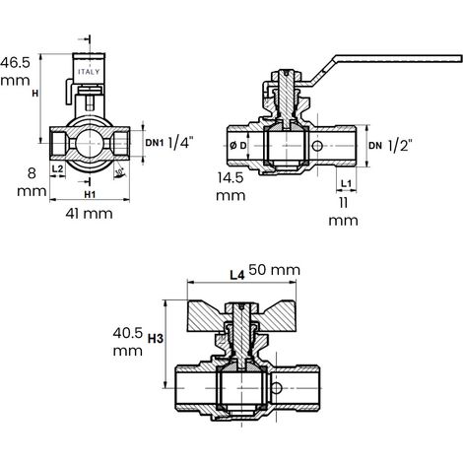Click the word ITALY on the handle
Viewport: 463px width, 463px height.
[x=89, y=72]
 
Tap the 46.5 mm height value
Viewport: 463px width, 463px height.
[x=15, y=71]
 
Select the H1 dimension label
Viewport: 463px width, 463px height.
[x=90, y=195]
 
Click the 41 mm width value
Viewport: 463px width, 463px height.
[x=89, y=214]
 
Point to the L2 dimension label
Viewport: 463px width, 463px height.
[x=57, y=168]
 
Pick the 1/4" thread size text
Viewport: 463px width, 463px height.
[x=180, y=143]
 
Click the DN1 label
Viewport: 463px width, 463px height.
[x=155, y=143]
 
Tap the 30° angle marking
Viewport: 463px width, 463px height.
[x=119, y=171]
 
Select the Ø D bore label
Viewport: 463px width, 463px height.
[x=237, y=146]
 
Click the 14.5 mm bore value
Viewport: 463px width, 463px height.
[x=231, y=186]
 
